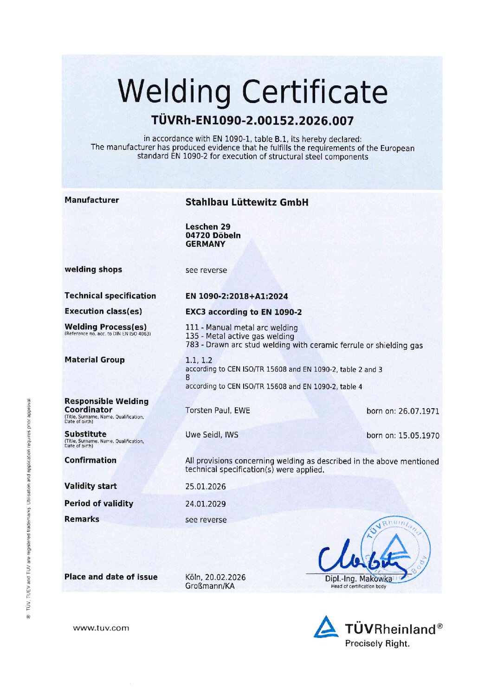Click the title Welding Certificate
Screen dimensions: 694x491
point(252,91)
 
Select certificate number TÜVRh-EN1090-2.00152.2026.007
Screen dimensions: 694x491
point(252,121)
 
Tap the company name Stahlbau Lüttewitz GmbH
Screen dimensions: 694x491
point(246,202)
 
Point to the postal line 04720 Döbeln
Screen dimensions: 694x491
point(213,235)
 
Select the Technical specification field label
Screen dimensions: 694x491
point(110,296)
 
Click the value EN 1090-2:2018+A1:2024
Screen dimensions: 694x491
point(237,296)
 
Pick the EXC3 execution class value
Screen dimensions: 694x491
point(243,312)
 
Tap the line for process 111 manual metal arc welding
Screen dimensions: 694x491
point(241,328)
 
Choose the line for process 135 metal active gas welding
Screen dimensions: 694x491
point(239,336)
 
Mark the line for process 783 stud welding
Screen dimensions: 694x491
point(304,345)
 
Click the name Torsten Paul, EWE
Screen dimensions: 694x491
point(218,411)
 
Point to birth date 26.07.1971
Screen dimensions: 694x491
point(402,411)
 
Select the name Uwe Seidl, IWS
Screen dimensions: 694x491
point(212,435)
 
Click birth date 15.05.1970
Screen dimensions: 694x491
point(402,436)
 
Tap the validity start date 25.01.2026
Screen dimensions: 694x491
point(206,487)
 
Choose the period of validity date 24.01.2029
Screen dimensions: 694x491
point(206,504)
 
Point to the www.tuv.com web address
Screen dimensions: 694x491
point(101,628)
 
